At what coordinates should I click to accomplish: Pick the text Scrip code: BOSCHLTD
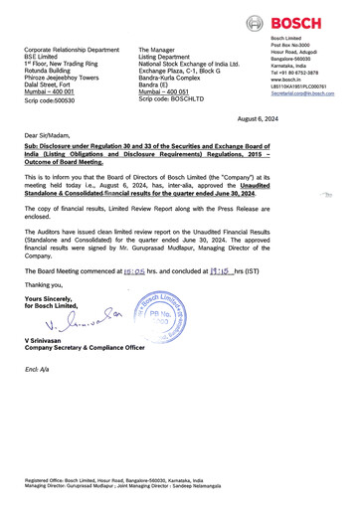(x=174, y=100)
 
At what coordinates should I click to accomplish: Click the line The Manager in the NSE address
(x=159, y=48)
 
